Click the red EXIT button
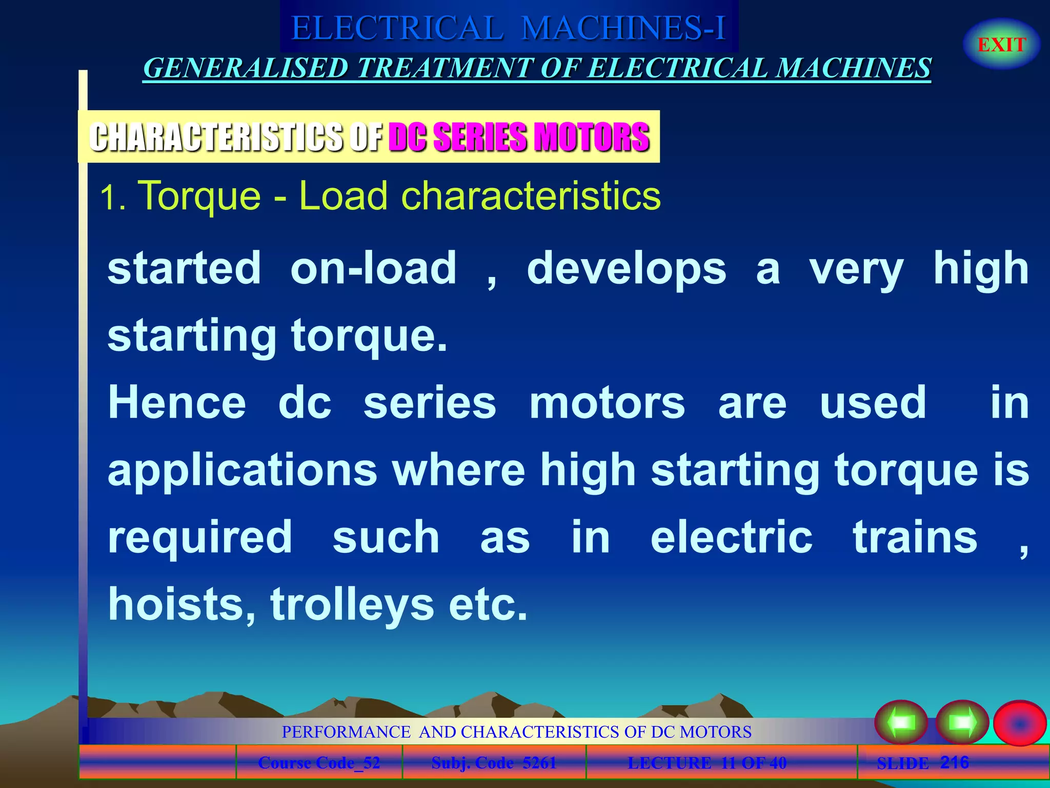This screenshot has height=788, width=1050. tap(1001, 45)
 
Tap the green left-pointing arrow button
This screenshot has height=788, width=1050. tap(901, 722)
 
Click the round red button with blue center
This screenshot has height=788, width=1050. tap(1019, 723)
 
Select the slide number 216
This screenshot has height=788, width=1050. tap(954, 762)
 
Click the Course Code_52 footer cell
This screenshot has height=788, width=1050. tap(319, 763)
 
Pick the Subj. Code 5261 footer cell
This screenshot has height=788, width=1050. tap(494, 763)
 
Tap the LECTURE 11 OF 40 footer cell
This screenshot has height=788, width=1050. tap(707, 763)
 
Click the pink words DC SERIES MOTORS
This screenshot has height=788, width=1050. tap(519, 137)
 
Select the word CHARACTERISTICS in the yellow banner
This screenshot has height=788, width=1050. tap(215, 137)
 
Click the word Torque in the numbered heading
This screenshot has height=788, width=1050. tap(200, 196)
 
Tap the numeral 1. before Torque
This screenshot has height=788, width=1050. tap(112, 198)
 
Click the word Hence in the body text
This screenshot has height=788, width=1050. tap(177, 403)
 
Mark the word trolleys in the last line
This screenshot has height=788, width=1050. tap(352, 605)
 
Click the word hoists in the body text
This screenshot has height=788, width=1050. tap(181, 605)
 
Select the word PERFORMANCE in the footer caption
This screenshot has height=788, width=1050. tap(346, 732)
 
